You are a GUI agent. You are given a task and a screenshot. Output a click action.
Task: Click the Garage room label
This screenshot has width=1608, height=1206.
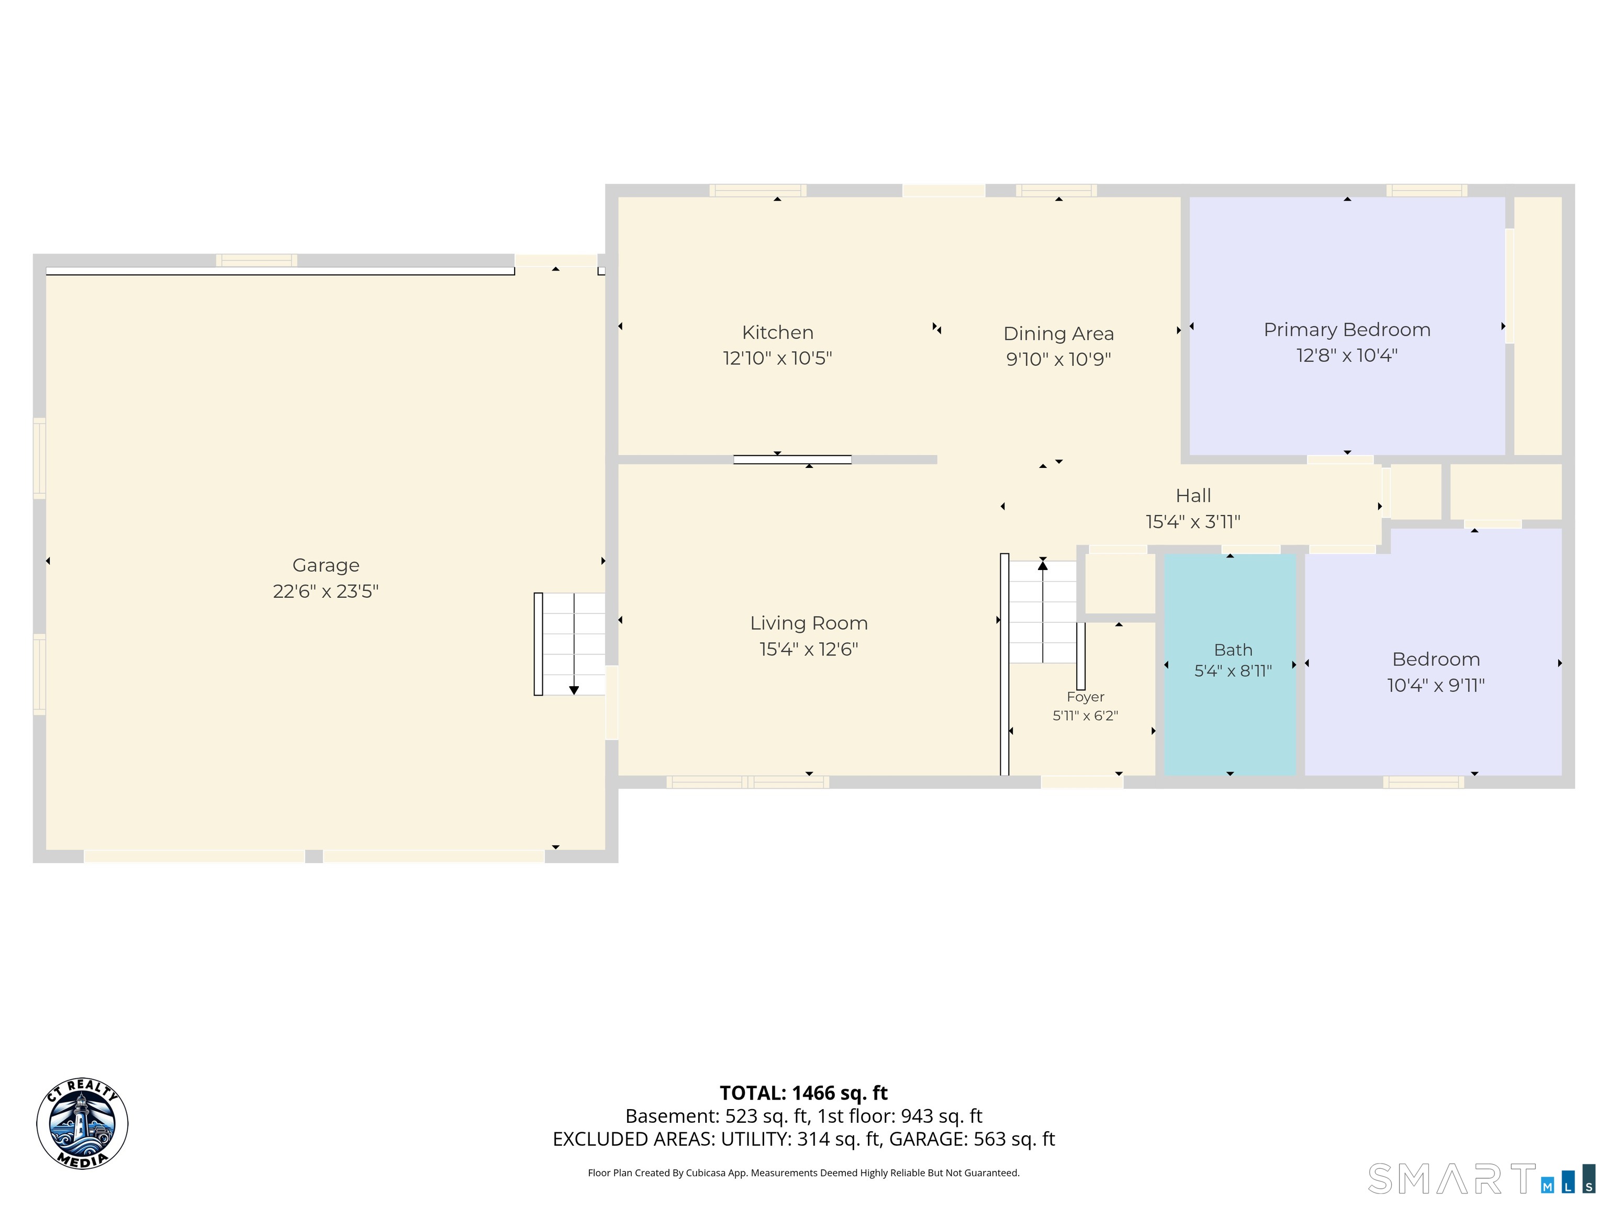[x=326, y=565]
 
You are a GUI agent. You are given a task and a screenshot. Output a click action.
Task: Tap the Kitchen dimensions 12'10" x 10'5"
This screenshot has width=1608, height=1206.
[x=777, y=359]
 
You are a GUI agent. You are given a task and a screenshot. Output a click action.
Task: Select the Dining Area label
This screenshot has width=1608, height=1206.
[x=1058, y=333]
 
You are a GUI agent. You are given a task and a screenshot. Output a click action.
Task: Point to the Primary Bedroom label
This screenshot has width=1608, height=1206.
[x=1347, y=330]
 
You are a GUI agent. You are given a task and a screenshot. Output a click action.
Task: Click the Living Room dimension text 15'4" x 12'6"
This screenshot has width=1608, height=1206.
[x=809, y=649]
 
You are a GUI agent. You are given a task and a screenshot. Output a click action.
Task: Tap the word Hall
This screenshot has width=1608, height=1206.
[x=1193, y=496]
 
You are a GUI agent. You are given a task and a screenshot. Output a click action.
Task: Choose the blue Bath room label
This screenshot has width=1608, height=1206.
[x=1233, y=650]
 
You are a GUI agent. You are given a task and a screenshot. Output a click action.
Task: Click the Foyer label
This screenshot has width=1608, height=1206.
[x=1085, y=697]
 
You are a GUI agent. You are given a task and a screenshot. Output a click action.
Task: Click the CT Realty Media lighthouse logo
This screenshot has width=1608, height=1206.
[x=82, y=1123]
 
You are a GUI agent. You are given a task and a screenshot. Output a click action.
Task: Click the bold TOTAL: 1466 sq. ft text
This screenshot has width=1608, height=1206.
[x=803, y=1092]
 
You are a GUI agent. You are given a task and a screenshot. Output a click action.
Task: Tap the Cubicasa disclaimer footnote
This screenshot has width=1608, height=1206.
[x=803, y=1172]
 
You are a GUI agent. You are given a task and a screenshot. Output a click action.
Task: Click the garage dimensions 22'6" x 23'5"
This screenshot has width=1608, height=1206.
[x=326, y=591]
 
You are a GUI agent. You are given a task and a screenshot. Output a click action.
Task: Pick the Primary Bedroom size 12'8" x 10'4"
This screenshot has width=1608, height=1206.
[x=1347, y=355]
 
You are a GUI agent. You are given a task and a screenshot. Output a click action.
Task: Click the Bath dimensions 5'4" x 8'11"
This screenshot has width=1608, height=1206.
[x=1233, y=671]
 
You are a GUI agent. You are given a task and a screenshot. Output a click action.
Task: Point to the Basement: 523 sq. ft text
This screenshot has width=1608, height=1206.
[x=716, y=1116]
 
